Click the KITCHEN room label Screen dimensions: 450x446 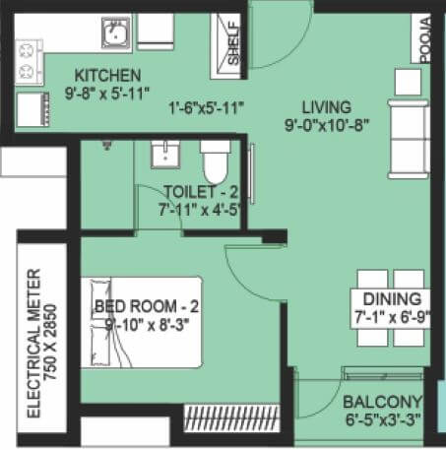[x=108, y=76]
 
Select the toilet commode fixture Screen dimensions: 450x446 [x=215, y=160]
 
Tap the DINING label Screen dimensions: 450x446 [x=392, y=299]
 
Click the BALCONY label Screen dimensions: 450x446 [x=384, y=401]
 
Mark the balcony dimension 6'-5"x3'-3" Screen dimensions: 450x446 [x=382, y=418]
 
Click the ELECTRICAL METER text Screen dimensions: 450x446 [x=34, y=341]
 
